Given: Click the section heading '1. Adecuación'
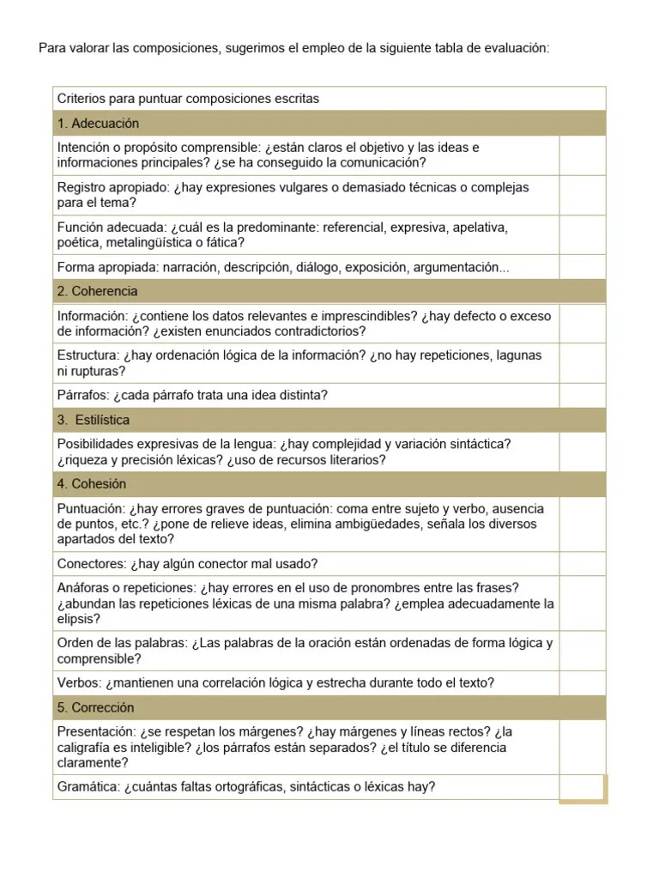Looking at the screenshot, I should pyautogui.click(x=98, y=124).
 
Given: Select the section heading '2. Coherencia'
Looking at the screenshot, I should pyautogui.click(x=97, y=292).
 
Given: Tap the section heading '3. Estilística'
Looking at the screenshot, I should pyautogui.click(x=94, y=420).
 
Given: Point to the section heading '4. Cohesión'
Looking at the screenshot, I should pyautogui.click(x=92, y=484).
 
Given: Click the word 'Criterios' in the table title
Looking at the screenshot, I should pyautogui.click(x=82, y=99).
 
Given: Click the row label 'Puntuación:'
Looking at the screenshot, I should pyautogui.click(x=91, y=509).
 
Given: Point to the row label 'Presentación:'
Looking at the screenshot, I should pyautogui.click(x=96, y=732).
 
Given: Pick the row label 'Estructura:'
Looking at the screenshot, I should pyautogui.click(x=88, y=355).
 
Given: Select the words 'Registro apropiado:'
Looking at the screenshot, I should pyautogui.click(x=112, y=187).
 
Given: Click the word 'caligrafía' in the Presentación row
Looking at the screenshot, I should pyautogui.click(x=87, y=748).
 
